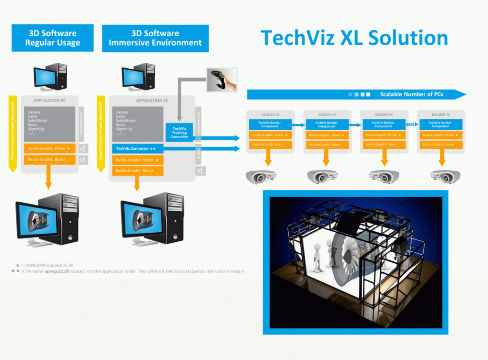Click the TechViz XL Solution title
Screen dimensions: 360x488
coord(354,38)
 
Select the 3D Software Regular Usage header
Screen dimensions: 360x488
coord(52,38)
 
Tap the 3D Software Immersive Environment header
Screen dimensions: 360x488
coord(155,38)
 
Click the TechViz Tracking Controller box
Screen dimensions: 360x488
coord(179,133)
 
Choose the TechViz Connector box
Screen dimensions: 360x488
coord(138,149)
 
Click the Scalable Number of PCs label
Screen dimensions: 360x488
coord(411,94)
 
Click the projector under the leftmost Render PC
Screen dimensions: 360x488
coord(260,176)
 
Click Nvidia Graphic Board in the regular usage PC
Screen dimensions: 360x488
coord(49,160)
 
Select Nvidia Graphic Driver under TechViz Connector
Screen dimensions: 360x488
coord(138,160)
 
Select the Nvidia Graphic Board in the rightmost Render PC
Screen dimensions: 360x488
coord(440,144)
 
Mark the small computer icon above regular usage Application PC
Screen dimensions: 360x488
coord(50,77)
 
